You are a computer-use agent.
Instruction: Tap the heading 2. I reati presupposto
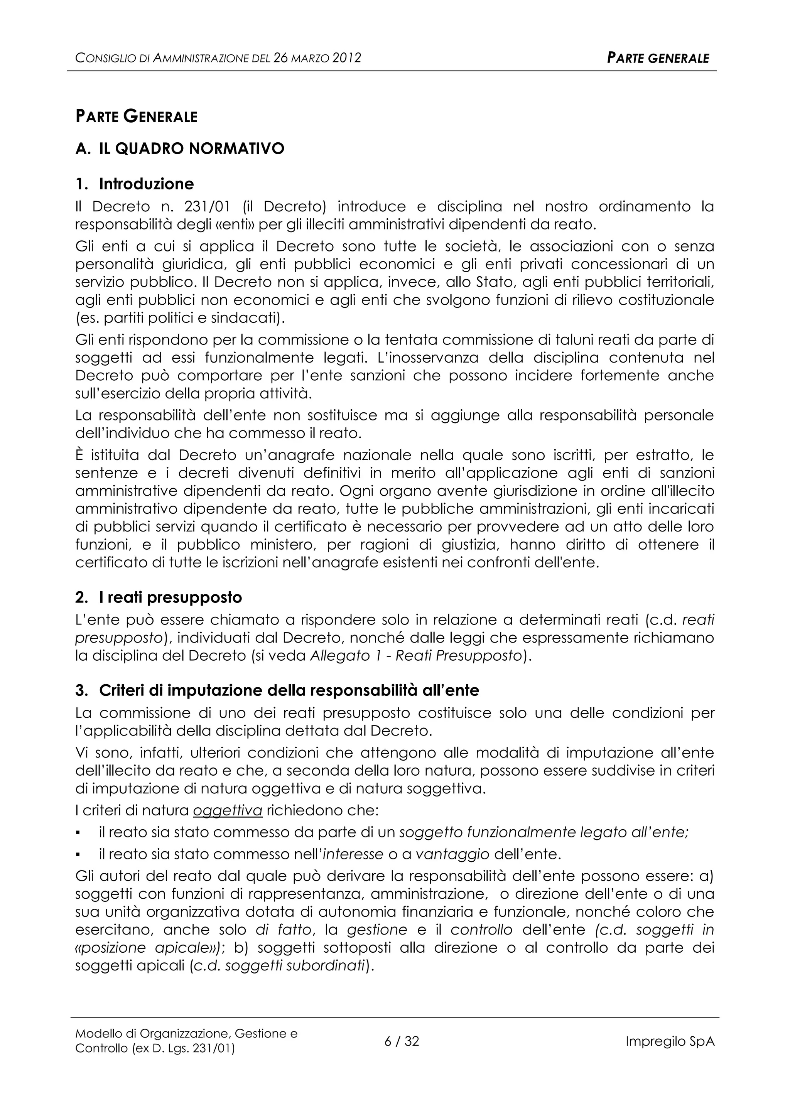[x=159, y=597]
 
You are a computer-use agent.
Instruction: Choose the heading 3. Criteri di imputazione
[x=277, y=690]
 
